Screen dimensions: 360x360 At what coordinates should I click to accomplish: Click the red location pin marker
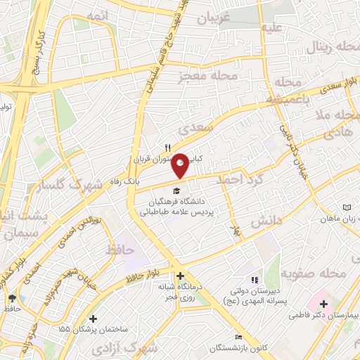[x=181, y=165]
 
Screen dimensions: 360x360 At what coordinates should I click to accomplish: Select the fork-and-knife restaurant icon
[x=167, y=147]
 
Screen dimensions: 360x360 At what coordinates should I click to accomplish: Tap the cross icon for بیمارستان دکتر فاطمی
[x=323, y=305]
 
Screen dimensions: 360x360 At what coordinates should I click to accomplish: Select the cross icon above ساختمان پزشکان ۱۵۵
[x=94, y=319]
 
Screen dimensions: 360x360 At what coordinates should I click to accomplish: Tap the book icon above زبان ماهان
[x=347, y=207]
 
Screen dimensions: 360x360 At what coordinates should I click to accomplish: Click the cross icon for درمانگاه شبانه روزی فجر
[x=181, y=276]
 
